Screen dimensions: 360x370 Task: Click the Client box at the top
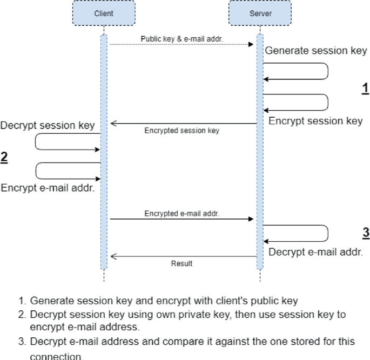click(104, 13)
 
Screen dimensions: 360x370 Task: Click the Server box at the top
click(260, 13)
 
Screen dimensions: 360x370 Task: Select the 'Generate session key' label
click(315, 51)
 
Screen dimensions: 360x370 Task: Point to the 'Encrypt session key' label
click(315, 121)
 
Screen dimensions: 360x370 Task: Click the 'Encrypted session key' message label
click(181, 131)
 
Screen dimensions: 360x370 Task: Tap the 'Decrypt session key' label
click(48, 125)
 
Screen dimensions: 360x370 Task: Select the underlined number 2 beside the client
click(5, 158)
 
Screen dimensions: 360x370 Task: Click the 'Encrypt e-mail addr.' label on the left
click(48, 188)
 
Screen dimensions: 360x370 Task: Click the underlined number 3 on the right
click(365, 233)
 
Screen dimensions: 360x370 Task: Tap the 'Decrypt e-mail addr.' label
click(315, 252)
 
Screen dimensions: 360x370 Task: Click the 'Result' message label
click(181, 264)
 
